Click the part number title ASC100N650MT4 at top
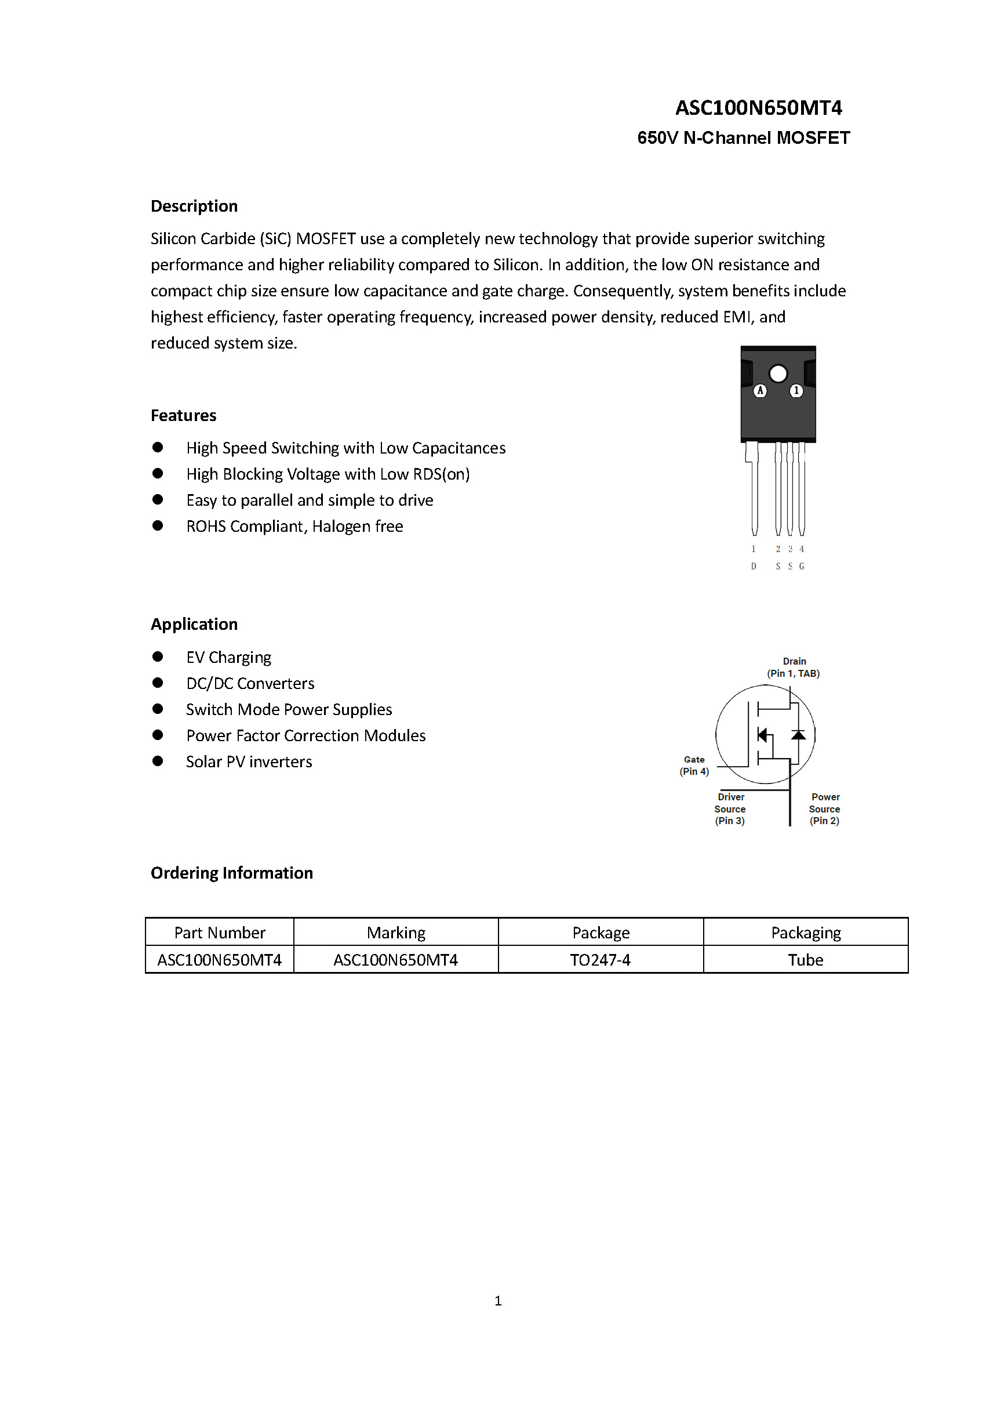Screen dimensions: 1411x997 point(758,108)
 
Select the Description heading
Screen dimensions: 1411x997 point(194,206)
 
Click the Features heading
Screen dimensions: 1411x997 point(184,415)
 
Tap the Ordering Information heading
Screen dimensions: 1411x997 point(232,873)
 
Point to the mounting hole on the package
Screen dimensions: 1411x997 point(778,373)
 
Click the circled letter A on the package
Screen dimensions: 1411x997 point(760,390)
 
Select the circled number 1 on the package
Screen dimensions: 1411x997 point(796,390)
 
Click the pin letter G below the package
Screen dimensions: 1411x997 point(802,566)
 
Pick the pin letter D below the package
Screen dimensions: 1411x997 point(754,566)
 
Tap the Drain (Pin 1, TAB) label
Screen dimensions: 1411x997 point(793,668)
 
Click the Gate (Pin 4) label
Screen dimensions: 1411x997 point(694,766)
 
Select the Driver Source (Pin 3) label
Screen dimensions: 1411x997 point(730,809)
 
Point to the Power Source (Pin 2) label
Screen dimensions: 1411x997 point(824,809)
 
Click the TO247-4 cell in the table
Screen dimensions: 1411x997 point(600,960)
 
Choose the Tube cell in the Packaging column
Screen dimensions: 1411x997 point(805,960)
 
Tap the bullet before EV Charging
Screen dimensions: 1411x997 point(158,657)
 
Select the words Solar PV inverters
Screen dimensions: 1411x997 point(249,762)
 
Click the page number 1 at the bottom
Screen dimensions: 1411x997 point(498,1300)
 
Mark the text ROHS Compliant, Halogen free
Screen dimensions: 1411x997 point(295,527)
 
